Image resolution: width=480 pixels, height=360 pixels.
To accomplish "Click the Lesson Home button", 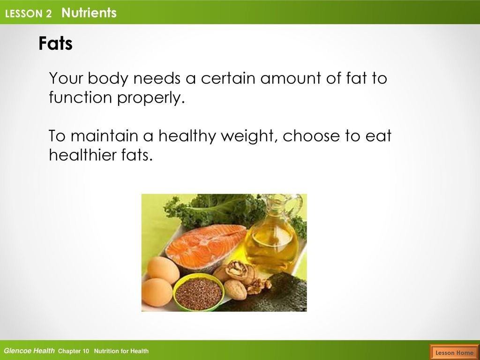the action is tap(454, 352).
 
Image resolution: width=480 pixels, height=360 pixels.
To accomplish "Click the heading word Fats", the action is tap(55, 43).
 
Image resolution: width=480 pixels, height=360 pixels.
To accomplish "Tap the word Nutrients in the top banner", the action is tap(89, 13).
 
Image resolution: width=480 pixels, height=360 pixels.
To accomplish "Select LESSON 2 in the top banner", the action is tap(28, 14).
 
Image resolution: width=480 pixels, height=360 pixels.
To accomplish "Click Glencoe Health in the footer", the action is tap(29, 351).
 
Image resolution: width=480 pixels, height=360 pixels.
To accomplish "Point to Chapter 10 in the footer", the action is tap(74, 351).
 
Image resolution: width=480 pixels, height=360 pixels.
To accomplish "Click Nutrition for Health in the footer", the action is tap(121, 351).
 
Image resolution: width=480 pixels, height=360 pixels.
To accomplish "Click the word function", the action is tap(81, 97).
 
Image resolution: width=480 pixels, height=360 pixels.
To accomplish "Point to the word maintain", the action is tap(105, 135).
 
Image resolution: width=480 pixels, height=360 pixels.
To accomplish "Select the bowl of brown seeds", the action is tap(199, 292).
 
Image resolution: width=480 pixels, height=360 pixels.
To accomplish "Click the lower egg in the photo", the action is tap(157, 292).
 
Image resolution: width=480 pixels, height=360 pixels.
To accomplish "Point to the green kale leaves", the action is tap(214, 210).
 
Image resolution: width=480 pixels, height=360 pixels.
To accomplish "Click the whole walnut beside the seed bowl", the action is tap(235, 290).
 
